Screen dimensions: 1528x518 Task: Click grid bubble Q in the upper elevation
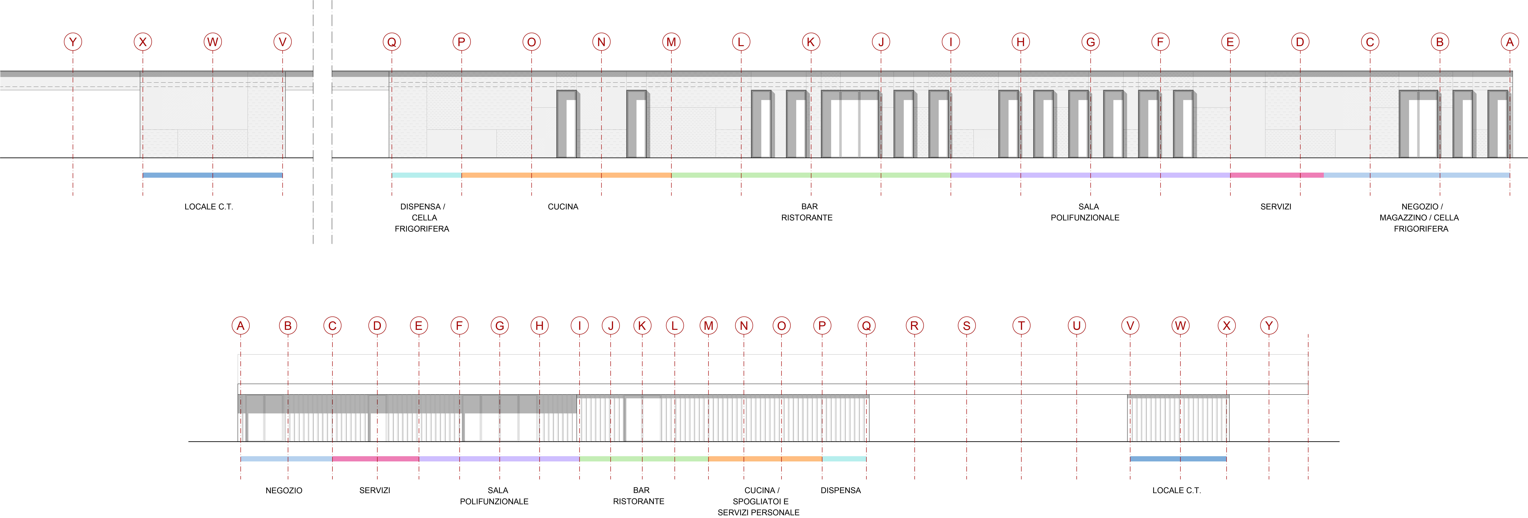click(x=391, y=41)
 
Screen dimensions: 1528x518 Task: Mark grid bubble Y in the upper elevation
click(x=72, y=41)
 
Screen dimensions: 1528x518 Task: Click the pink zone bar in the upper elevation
click(x=1277, y=175)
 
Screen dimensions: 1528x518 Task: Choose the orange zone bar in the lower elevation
click(x=765, y=459)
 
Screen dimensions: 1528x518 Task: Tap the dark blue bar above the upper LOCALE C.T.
click(x=212, y=175)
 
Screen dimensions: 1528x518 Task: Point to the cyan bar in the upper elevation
click(x=426, y=175)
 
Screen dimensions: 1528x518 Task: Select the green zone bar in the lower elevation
click(x=644, y=459)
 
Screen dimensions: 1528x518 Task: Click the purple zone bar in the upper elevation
click(x=1090, y=175)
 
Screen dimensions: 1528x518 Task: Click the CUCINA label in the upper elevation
click(x=563, y=207)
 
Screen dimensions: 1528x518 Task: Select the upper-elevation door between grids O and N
click(x=567, y=124)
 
